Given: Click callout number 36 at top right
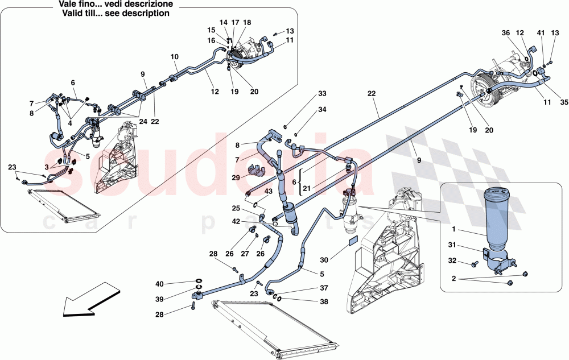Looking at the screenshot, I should pos(505,34).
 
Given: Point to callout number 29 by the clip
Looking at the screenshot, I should pos(236,178).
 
